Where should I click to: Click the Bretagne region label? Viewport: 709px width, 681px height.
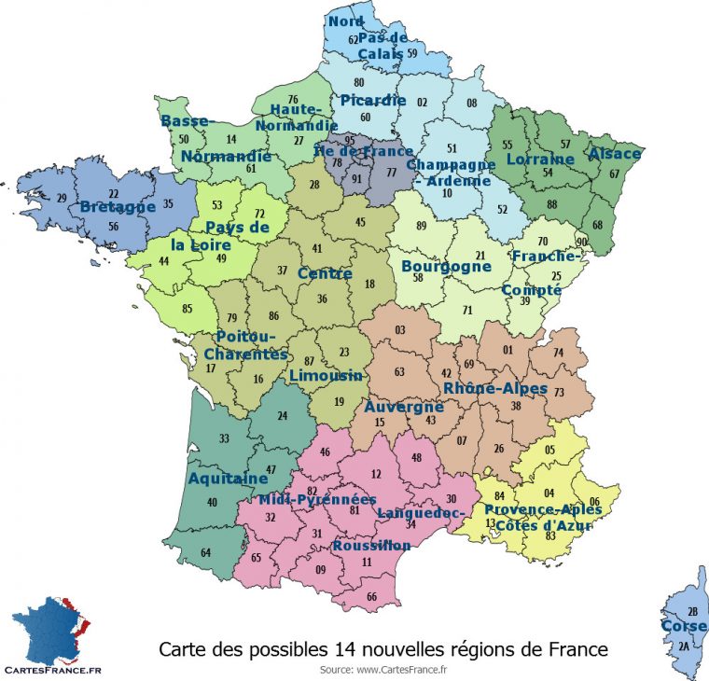click(117, 206)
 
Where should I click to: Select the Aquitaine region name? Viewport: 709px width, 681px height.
click(229, 479)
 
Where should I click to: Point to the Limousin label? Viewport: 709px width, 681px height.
click(326, 375)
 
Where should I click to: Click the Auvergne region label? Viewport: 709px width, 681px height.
click(404, 408)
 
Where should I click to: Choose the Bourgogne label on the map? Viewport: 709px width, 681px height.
click(446, 266)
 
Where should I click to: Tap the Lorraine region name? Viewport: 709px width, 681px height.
click(540, 159)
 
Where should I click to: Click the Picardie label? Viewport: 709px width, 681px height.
click(373, 100)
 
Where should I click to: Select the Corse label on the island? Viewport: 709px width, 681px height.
click(684, 625)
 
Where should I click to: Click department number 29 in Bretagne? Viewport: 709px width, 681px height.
click(62, 198)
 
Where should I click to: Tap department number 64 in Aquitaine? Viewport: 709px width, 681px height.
click(205, 553)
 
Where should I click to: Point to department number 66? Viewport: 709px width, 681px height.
click(372, 596)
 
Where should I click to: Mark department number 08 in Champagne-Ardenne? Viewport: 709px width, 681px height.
click(472, 103)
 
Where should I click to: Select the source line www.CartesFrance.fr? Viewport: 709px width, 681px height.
click(383, 668)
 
